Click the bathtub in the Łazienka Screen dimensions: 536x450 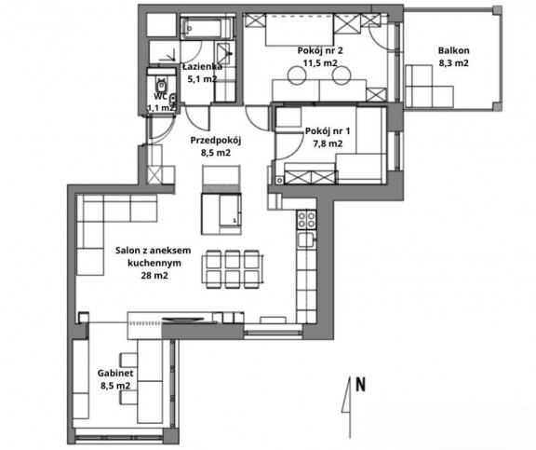(207, 28)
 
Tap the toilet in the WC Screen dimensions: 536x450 (161, 84)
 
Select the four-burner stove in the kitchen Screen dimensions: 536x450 (307, 219)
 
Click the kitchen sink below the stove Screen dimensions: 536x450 (306, 239)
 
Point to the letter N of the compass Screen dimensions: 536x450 (361, 384)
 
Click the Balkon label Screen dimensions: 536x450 (453, 50)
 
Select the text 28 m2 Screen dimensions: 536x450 (154, 275)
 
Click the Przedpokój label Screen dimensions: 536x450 (216, 141)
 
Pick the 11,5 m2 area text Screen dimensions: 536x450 (320, 63)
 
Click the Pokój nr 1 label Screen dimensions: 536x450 (328, 131)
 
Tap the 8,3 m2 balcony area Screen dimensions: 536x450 (453, 63)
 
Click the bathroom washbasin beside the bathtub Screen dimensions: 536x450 (224, 53)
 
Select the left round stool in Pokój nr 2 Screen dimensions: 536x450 (296, 75)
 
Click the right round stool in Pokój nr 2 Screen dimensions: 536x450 (342, 75)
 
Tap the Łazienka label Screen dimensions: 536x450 (202, 66)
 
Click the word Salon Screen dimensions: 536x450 (127, 251)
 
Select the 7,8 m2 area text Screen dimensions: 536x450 (328, 143)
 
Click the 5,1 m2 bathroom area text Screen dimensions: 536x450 (202, 79)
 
